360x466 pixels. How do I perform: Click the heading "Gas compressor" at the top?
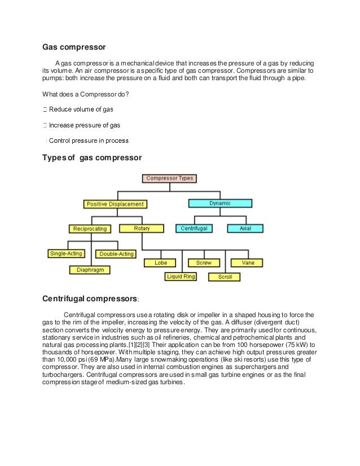click(74, 46)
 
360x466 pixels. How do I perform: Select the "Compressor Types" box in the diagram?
click(169, 178)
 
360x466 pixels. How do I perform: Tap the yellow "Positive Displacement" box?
click(115, 204)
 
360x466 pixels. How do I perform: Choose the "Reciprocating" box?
click(91, 228)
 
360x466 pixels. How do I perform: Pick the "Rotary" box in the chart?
click(141, 228)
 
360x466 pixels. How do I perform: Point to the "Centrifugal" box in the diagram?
click(195, 228)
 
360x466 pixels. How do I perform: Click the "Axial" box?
click(245, 228)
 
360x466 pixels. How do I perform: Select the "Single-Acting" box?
click(66, 254)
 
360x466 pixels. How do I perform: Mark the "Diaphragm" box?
click(90, 270)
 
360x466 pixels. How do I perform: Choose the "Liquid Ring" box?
click(181, 276)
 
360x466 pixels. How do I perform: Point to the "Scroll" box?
click(225, 277)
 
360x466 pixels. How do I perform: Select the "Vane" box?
click(248, 263)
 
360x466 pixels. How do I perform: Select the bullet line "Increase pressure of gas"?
click(84, 125)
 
